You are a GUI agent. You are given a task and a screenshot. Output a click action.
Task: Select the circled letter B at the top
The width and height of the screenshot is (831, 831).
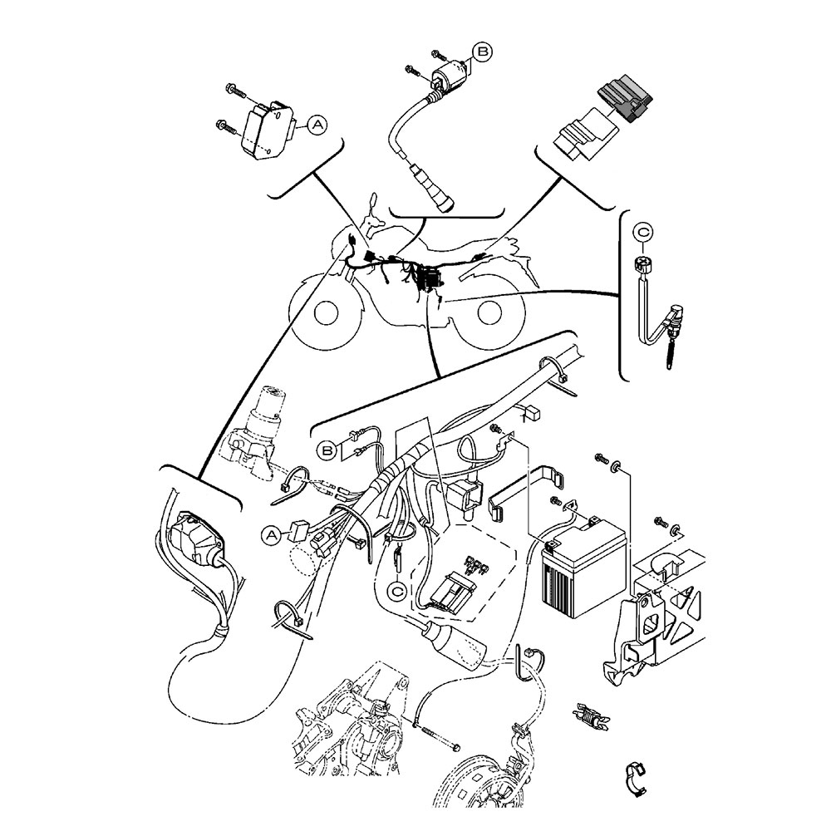(482, 52)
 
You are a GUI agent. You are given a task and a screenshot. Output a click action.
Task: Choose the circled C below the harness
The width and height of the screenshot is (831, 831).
(398, 591)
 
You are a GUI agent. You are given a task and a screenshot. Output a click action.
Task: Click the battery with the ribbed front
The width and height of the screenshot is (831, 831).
(576, 573)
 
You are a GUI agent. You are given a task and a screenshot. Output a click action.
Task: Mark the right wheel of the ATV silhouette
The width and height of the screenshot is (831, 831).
(490, 314)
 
